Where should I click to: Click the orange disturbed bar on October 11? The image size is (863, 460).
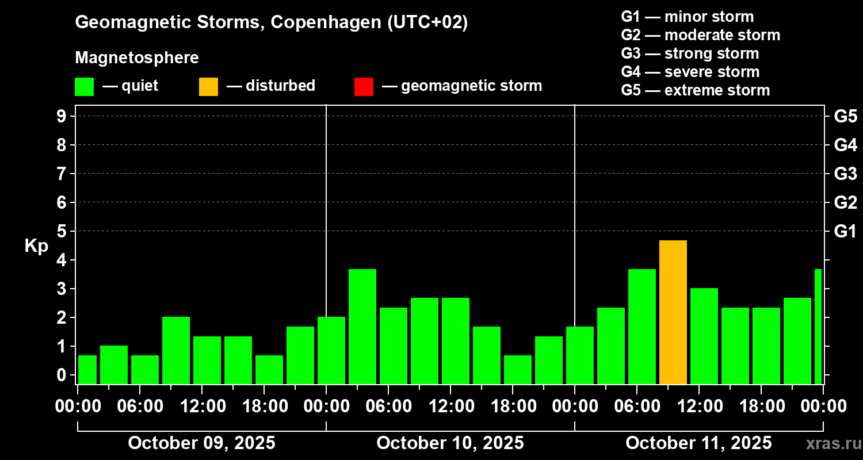(x=673, y=312)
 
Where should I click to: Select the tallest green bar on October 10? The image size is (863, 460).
(x=362, y=326)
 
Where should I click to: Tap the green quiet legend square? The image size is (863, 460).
(x=84, y=86)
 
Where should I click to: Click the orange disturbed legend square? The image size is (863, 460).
(x=208, y=86)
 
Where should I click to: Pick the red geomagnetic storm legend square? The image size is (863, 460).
(x=364, y=86)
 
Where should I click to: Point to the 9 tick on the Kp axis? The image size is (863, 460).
(x=61, y=116)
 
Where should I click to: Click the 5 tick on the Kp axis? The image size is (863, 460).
(x=61, y=231)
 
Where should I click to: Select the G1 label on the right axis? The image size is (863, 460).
(x=845, y=232)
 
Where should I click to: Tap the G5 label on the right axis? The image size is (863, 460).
(x=845, y=117)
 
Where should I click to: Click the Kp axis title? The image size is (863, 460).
(x=36, y=246)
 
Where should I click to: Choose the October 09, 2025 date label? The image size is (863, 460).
(x=201, y=443)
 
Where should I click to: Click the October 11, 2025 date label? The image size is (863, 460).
(x=698, y=443)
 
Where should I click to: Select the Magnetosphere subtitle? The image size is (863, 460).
(x=137, y=58)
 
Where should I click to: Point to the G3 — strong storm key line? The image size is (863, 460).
(x=690, y=53)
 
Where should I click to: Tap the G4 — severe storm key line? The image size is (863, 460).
(x=690, y=72)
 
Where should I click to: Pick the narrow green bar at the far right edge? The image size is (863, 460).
(x=818, y=326)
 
